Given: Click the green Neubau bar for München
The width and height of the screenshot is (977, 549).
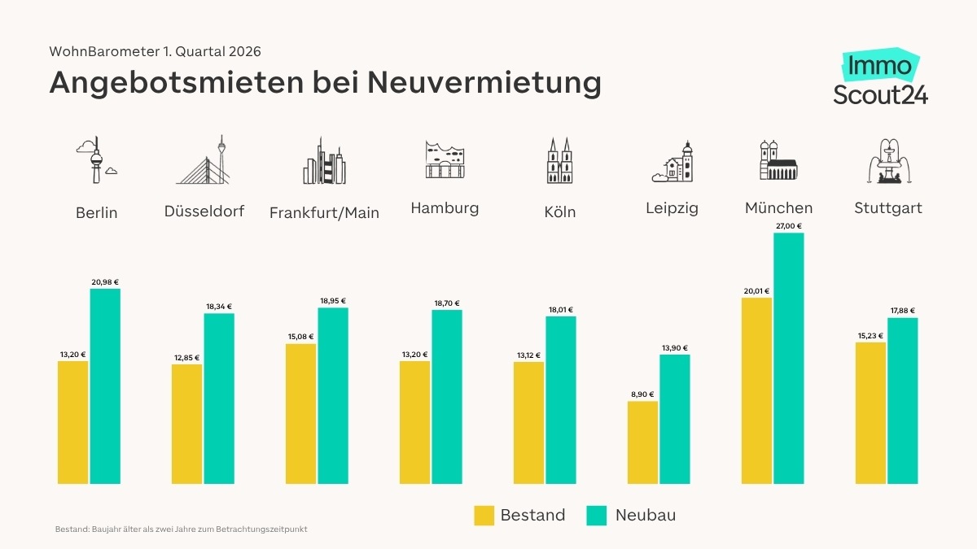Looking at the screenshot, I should pos(788,359).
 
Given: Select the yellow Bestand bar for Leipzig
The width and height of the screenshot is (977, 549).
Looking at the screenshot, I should pos(642,442).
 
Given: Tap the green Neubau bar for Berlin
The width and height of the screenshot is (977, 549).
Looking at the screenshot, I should pos(105,386).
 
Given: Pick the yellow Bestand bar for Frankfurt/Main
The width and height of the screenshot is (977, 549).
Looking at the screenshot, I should pos(300,414).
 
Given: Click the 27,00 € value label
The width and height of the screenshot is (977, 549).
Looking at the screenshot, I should pos(788,227).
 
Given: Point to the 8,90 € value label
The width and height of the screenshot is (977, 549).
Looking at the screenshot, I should pos(642,394).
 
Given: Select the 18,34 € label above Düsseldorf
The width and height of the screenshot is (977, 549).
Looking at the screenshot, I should pos(218,307).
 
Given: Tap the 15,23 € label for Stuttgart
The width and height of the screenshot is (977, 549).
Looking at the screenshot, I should pos(870,336).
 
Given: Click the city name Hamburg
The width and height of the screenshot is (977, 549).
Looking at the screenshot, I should pos(445,208).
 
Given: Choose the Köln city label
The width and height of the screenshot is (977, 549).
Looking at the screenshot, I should pos(560,212).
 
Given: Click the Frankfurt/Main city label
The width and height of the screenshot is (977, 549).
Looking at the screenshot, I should pos(324,213).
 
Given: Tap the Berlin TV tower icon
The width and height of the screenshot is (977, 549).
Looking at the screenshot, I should pos(96,160).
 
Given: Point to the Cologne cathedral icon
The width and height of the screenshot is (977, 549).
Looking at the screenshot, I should pos(559,160).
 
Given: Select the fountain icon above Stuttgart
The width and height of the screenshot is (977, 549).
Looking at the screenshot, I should pos(887,160).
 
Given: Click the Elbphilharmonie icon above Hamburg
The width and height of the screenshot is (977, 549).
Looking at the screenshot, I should pos(445,159).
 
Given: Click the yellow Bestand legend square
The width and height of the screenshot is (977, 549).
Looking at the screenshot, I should pos(484,516).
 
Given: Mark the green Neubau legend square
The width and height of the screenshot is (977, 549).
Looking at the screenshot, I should pos(597,516).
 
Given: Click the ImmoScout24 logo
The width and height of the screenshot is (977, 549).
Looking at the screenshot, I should pos(880,78).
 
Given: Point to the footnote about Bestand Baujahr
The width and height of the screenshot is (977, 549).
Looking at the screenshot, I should pos(181,529).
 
